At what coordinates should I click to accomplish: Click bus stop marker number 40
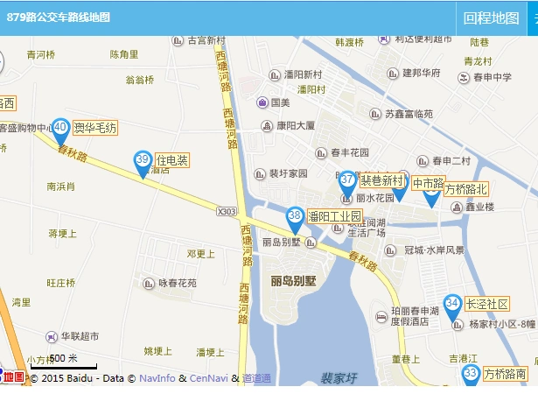60,129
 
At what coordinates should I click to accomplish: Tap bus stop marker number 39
143,160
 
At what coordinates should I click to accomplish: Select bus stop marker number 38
295,216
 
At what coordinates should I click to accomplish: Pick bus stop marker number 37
347,180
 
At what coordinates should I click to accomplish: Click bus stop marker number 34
452,304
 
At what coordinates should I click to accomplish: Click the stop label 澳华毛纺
95,128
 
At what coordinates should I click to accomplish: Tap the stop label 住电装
171,160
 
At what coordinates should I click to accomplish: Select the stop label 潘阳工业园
334,216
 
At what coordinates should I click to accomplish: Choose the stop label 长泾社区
487,304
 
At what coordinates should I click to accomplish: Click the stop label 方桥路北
466,189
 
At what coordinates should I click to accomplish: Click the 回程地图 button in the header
491,18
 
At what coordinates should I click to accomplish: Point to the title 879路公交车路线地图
59,18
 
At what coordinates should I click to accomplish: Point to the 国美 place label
280,102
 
